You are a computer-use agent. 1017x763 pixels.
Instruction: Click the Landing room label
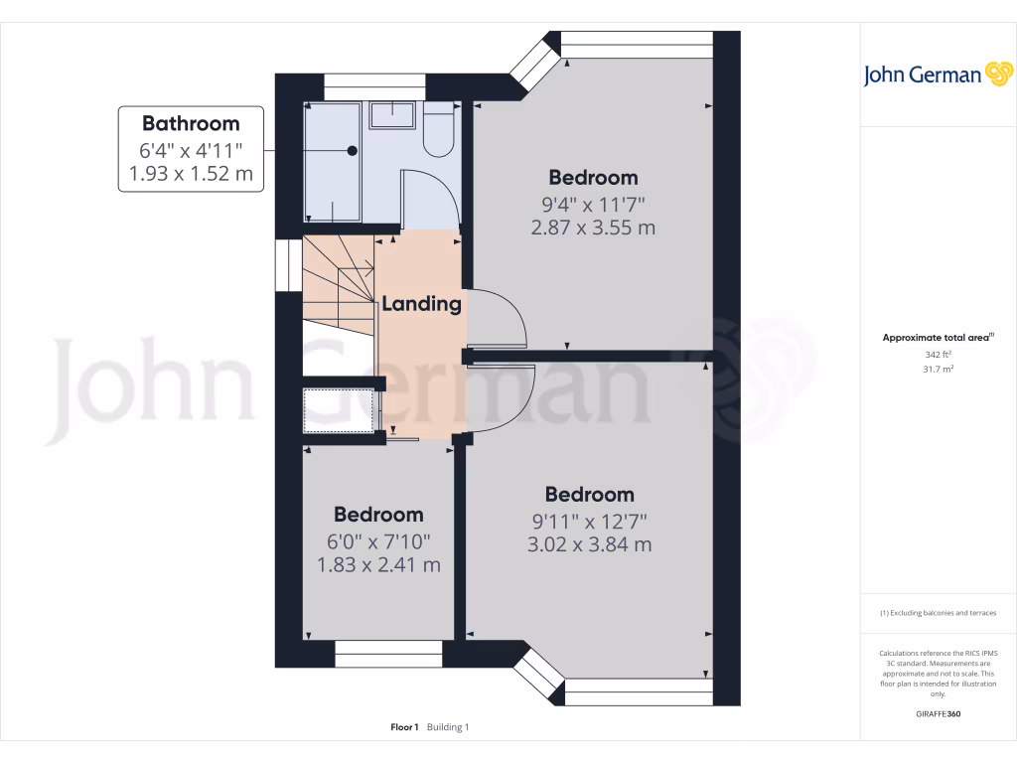click(422, 304)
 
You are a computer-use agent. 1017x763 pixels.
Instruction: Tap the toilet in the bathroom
click(438, 132)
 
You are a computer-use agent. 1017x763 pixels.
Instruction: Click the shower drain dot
click(353, 151)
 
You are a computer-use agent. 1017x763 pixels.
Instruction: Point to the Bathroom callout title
click(191, 123)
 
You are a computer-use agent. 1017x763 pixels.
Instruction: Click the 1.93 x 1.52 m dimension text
click(191, 175)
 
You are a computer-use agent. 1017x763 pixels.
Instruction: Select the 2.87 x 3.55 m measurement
click(593, 228)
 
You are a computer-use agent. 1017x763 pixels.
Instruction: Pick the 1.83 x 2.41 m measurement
click(378, 565)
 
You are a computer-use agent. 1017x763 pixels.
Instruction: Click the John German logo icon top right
click(998, 74)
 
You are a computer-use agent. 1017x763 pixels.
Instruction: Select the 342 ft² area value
click(938, 354)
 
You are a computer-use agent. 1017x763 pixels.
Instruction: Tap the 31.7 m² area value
click(938, 369)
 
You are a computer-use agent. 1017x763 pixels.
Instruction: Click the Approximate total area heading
click(937, 338)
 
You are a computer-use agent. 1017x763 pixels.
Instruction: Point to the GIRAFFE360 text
click(938, 714)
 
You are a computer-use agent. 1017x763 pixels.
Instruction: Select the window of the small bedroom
click(388, 654)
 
